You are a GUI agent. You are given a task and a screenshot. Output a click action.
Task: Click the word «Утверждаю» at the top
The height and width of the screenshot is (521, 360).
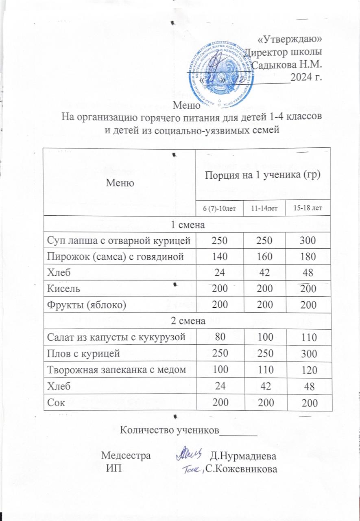(290, 39)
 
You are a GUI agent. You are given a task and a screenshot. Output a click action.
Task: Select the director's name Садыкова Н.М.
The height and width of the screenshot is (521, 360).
(287, 64)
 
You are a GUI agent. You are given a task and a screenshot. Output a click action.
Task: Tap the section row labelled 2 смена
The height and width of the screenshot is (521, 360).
(187, 321)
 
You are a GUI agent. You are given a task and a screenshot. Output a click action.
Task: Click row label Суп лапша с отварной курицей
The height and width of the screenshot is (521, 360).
(119, 241)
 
